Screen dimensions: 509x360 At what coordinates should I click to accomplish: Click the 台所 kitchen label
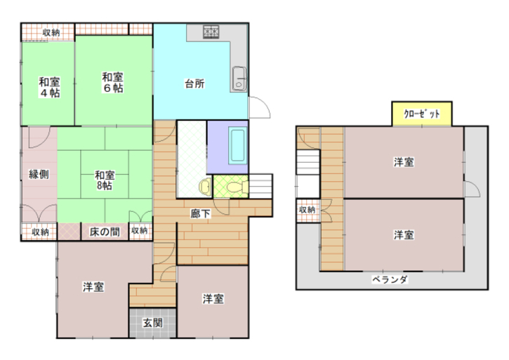[194, 84]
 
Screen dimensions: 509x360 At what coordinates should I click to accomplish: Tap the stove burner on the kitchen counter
[211, 32]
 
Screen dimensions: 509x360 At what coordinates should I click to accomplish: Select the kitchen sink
[239, 79]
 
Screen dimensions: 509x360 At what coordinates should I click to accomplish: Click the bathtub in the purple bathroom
[237, 145]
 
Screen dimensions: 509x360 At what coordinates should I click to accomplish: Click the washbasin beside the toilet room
[205, 187]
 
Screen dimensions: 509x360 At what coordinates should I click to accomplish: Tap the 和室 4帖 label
[49, 87]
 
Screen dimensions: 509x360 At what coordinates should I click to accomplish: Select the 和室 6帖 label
[112, 82]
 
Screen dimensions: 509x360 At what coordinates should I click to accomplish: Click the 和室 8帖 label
[105, 180]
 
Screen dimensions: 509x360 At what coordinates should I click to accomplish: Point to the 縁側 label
[39, 174]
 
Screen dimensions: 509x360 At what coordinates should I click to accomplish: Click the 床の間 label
[105, 232]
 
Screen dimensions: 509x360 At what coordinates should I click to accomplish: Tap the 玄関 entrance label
[152, 323]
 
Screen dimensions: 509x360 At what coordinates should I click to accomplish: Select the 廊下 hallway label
[200, 213]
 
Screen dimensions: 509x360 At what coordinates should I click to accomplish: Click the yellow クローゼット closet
[422, 114]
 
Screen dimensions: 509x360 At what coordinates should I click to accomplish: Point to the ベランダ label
[390, 279]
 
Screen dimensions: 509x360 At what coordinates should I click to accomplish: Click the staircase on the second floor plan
[308, 162]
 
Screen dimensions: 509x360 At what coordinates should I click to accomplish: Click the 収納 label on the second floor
[307, 210]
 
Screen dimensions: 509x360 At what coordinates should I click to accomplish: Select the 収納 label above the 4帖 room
[51, 32]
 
